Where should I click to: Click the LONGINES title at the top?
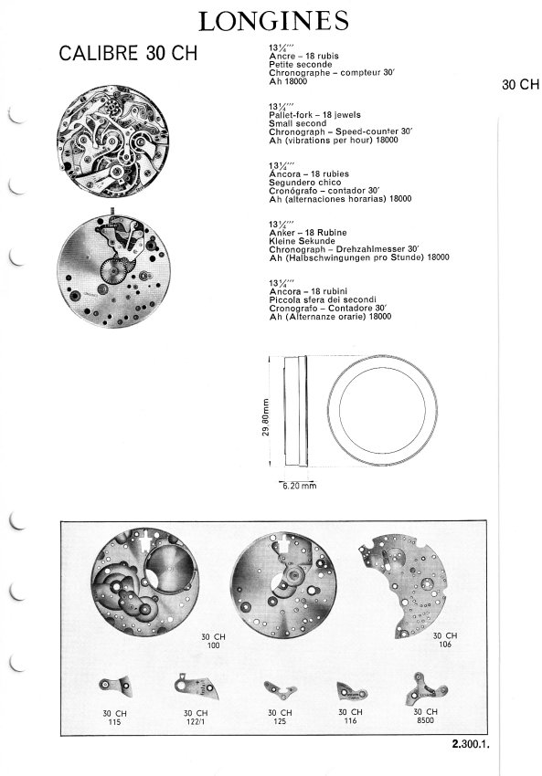(273, 21)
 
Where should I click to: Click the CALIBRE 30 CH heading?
(128, 54)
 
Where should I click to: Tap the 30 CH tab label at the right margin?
(520, 85)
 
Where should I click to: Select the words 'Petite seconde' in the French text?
(300, 64)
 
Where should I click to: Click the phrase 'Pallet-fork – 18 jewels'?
(314, 115)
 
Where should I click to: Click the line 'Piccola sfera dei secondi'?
(323, 300)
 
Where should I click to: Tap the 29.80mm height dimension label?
(266, 418)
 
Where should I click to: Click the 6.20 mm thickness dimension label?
(299, 486)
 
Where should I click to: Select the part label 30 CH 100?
(213, 641)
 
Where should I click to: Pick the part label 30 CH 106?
(445, 640)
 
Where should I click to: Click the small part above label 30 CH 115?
(116, 686)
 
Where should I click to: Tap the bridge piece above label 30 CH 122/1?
(197, 687)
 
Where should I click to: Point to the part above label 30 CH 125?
(280, 690)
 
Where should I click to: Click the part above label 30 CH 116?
(351, 691)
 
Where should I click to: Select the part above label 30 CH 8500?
(426, 688)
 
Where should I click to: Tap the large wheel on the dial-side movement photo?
(113, 271)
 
